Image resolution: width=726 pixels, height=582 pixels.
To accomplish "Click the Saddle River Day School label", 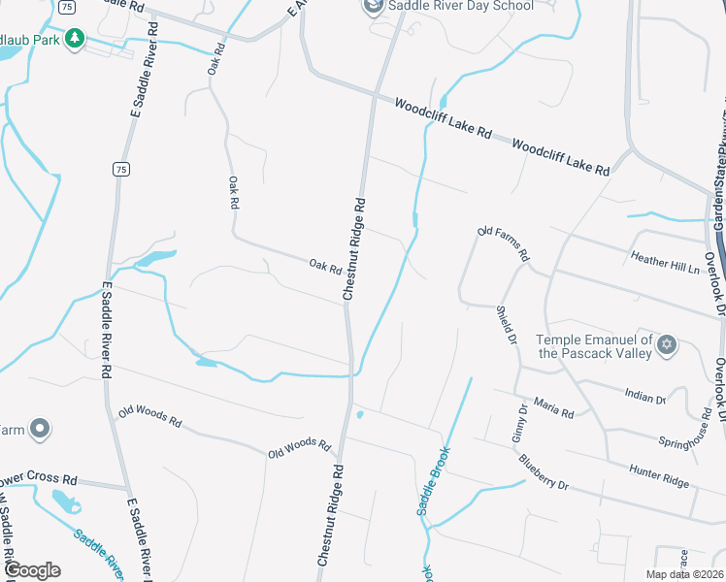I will pyautogui.click(x=460, y=6).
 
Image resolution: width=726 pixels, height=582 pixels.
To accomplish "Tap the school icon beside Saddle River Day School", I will pyautogui.click(x=373, y=8).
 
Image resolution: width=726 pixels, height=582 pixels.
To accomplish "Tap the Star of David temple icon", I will pyautogui.click(x=667, y=344).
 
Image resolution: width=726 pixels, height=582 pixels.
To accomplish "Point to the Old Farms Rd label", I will pyautogui.click(x=503, y=243).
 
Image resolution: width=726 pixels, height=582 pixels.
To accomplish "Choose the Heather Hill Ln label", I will pyautogui.click(x=665, y=260).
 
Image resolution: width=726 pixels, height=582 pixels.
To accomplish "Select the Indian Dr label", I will pyautogui.click(x=645, y=398).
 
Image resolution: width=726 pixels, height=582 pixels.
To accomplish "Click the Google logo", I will pyautogui.click(x=32, y=570).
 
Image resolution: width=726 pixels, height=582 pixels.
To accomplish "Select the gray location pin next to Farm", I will pyautogui.click(x=39, y=429).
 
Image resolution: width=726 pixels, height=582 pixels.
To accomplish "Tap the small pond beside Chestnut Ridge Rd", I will pyautogui.click(x=360, y=415).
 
